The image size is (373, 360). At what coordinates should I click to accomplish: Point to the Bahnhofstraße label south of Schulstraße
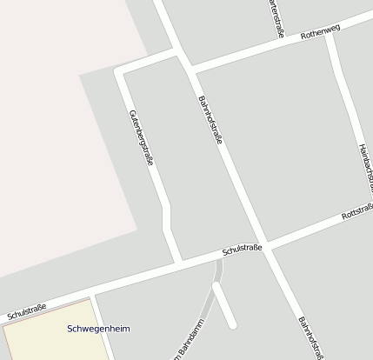click(311, 337)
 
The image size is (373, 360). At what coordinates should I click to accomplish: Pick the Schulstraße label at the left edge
click(26, 310)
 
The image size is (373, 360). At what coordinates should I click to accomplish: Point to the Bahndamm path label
click(185, 340)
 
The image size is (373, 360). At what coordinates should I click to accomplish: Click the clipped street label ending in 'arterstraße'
click(277, 17)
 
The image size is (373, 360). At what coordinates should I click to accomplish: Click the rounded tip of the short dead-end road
click(232, 324)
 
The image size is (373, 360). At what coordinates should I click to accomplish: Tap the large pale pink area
click(52, 130)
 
